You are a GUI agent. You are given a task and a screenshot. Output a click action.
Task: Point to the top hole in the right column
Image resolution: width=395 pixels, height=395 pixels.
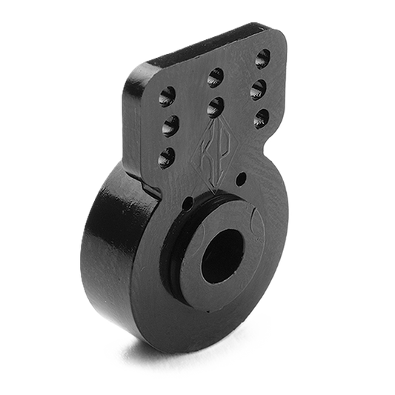pos(262,57)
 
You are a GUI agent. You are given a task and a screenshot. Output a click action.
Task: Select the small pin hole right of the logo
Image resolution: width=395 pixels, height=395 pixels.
pos(239,178)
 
